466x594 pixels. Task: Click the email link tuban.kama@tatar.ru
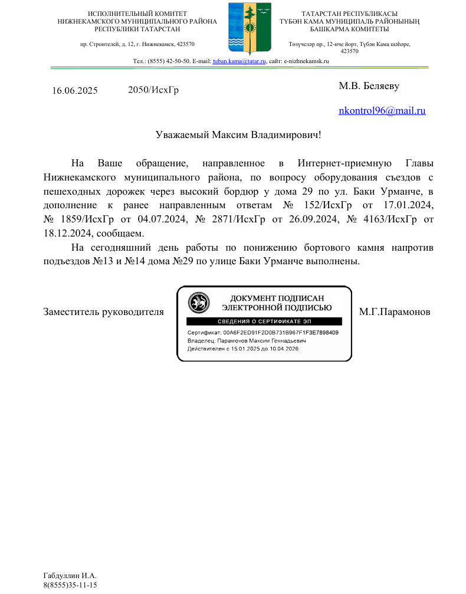(x=239, y=61)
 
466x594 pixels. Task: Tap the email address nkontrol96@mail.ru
(x=382, y=110)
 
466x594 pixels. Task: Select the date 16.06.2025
(x=75, y=91)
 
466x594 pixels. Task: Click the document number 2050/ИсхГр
(x=153, y=90)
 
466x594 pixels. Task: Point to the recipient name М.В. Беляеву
(x=369, y=86)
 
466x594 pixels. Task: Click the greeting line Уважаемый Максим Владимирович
(x=238, y=134)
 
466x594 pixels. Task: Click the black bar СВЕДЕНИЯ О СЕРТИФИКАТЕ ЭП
(x=264, y=321)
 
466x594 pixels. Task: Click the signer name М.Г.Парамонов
(x=394, y=311)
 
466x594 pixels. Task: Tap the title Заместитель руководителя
(x=103, y=311)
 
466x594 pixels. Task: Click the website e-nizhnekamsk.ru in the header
(x=307, y=61)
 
